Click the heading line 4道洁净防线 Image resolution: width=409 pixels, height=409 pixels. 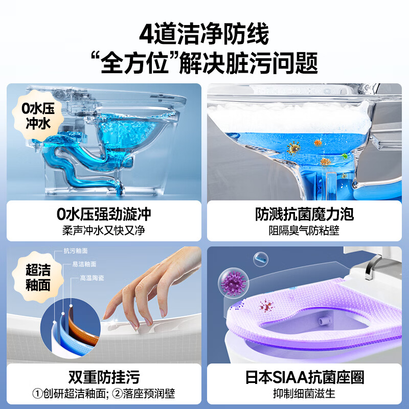[204, 34]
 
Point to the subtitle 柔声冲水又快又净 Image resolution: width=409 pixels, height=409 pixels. [104, 230]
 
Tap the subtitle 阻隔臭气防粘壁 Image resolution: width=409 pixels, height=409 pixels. [304, 230]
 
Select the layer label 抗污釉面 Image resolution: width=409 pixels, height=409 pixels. [75, 251]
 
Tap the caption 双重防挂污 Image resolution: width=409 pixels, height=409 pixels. [104, 377]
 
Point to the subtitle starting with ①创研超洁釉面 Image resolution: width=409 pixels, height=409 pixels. [104, 394]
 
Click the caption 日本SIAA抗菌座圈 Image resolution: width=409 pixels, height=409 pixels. [304, 377]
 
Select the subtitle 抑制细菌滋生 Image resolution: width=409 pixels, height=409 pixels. [304, 394]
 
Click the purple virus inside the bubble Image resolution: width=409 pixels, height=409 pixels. [232, 282]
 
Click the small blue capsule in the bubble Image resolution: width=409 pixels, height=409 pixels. [261, 258]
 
